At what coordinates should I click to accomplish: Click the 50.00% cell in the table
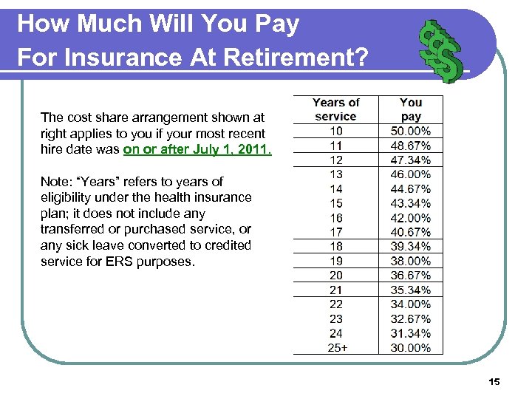(411, 131)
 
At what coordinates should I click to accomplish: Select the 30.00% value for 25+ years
(411, 348)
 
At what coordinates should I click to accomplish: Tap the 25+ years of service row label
(336, 348)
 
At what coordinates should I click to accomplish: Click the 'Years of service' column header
(336, 109)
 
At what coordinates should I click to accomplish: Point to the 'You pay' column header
(411, 109)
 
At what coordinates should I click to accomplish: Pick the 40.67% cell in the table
(411, 232)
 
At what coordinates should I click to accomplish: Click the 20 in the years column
(336, 276)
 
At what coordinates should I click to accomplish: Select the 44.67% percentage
(411, 189)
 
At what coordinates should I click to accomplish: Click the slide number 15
(494, 381)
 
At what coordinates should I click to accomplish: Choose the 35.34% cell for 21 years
(411, 290)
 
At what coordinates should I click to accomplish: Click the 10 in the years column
(336, 131)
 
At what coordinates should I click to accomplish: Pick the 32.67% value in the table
(411, 319)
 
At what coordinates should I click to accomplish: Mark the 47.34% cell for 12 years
(411, 160)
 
